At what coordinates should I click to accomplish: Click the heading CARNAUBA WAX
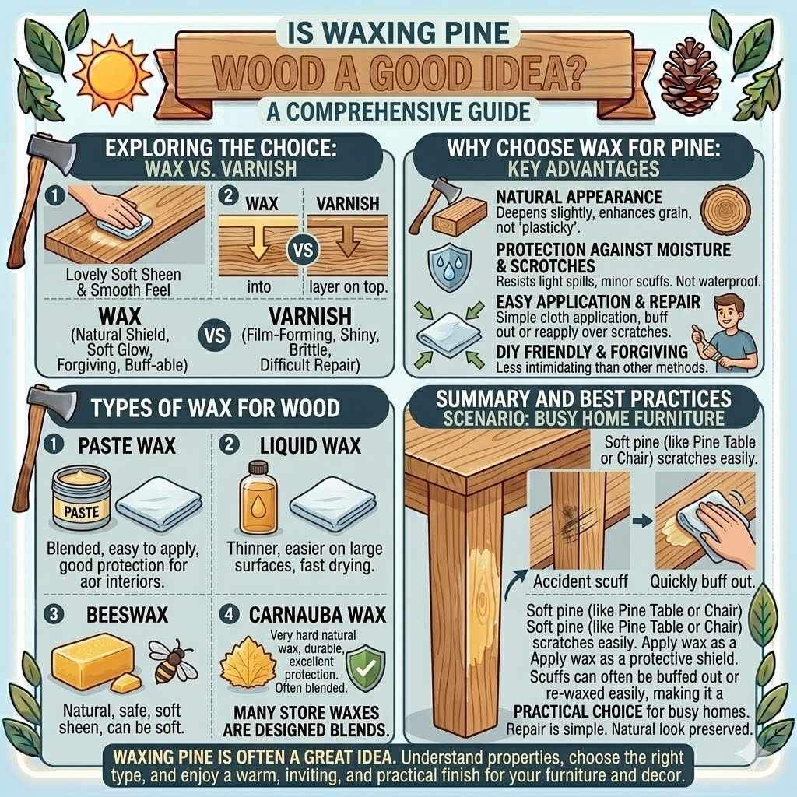317,614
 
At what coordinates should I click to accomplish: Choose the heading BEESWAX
117,614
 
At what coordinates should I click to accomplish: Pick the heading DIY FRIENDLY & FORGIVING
592,352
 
